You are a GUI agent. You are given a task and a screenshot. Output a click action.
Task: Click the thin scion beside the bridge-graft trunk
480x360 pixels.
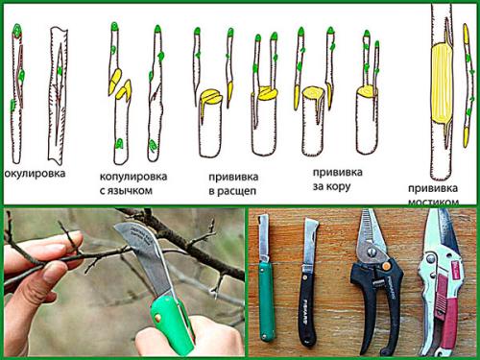468,86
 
